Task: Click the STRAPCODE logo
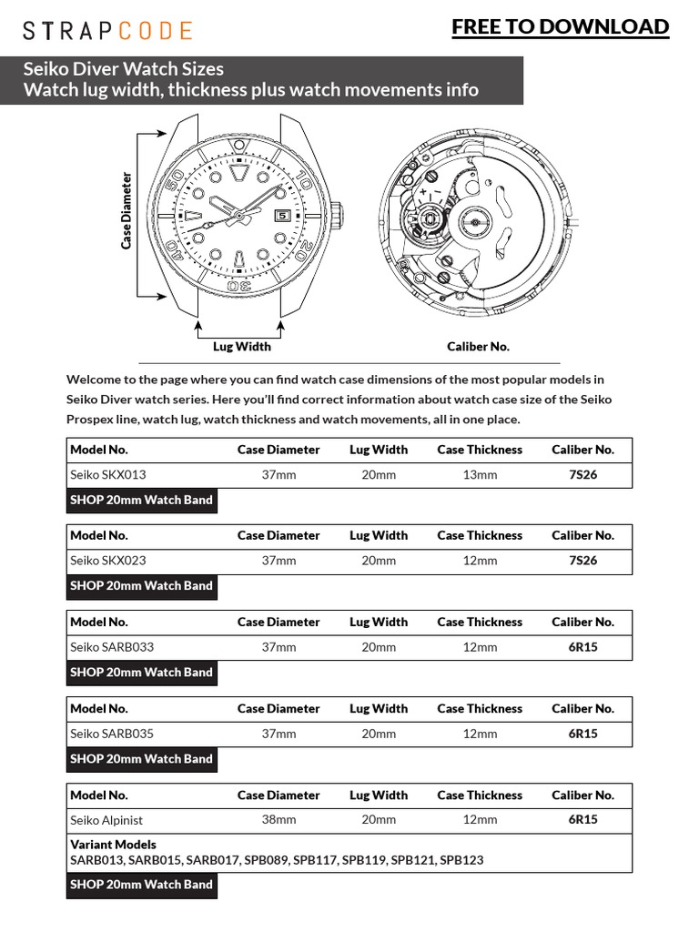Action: pyautogui.click(x=107, y=31)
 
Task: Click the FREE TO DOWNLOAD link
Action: pyautogui.click(x=560, y=27)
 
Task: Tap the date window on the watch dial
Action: pyautogui.click(x=281, y=216)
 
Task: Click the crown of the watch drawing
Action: pyautogui.click(x=337, y=216)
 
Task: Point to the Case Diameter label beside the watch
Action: pyautogui.click(x=127, y=210)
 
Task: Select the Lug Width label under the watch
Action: pyautogui.click(x=241, y=346)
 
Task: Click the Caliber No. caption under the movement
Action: pyautogui.click(x=478, y=346)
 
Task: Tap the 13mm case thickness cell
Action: pyautogui.click(x=480, y=474)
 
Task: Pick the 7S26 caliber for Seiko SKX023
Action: pyautogui.click(x=582, y=561)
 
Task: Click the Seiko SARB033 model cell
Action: pyautogui.click(x=112, y=647)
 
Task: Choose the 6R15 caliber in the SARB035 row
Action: pyautogui.click(x=582, y=734)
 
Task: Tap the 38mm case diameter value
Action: pyautogui.click(x=279, y=819)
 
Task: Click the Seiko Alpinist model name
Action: pyautogui.click(x=106, y=819)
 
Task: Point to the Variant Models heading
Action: pyautogui.click(x=113, y=845)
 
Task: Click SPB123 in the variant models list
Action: pyautogui.click(x=461, y=859)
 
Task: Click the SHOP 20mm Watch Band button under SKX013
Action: pyautogui.click(x=141, y=500)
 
